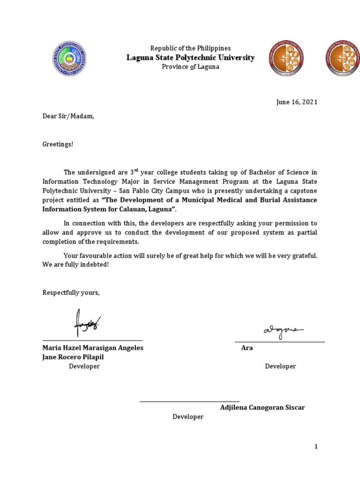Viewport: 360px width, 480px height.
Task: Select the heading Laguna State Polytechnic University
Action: coord(190,58)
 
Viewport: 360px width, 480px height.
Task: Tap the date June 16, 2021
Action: coord(296,102)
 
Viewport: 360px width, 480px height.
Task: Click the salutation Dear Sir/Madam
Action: coord(68,116)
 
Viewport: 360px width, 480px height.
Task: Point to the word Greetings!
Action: coord(58,144)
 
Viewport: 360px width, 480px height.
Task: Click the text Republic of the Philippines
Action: coord(190,48)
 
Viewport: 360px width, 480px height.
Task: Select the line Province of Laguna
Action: coord(190,67)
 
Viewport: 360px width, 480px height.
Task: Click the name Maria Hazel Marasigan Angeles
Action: coord(93,348)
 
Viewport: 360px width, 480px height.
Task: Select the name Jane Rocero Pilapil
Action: coord(73,357)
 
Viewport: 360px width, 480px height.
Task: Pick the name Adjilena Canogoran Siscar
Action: coord(262,407)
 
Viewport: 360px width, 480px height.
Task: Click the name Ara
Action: coord(247,348)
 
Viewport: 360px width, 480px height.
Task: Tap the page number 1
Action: coord(316,447)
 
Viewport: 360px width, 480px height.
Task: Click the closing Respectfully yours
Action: coord(71,292)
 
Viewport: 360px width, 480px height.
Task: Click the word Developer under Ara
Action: coord(280,366)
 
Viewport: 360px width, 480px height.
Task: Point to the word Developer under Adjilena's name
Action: coord(188,417)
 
